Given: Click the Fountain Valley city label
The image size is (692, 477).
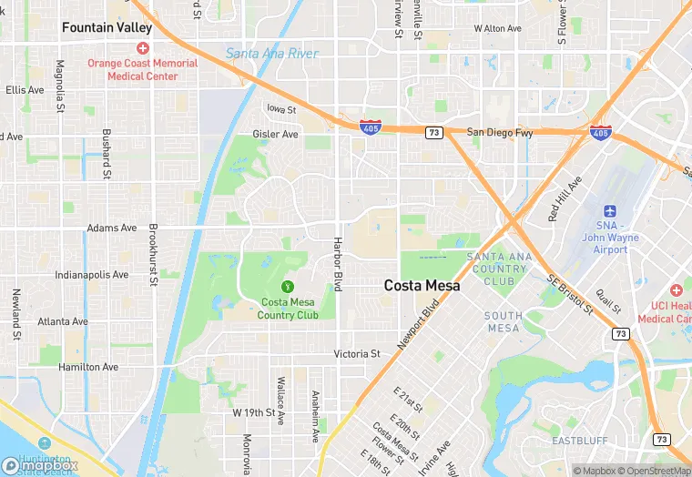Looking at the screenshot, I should [107, 28].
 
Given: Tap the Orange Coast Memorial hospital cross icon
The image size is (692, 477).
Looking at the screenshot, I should [142, 48].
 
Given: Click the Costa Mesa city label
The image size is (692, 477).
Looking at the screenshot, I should [422, 285].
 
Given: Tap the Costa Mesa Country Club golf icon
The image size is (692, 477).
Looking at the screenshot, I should [288, 286].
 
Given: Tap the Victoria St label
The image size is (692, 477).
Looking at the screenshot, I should [357, 353].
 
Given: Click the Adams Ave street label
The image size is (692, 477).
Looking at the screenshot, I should [111, 228].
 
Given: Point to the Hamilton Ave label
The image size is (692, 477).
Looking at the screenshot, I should [88, 367].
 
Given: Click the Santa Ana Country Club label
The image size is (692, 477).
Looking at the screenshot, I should [497, 269].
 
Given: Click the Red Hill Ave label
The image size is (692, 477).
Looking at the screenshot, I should [565, 200].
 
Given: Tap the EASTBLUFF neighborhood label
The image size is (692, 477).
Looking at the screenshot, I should [580, 441].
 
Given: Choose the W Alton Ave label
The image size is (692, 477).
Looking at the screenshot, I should [498, 28].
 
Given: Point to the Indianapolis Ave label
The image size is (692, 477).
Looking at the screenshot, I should [92, 274].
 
